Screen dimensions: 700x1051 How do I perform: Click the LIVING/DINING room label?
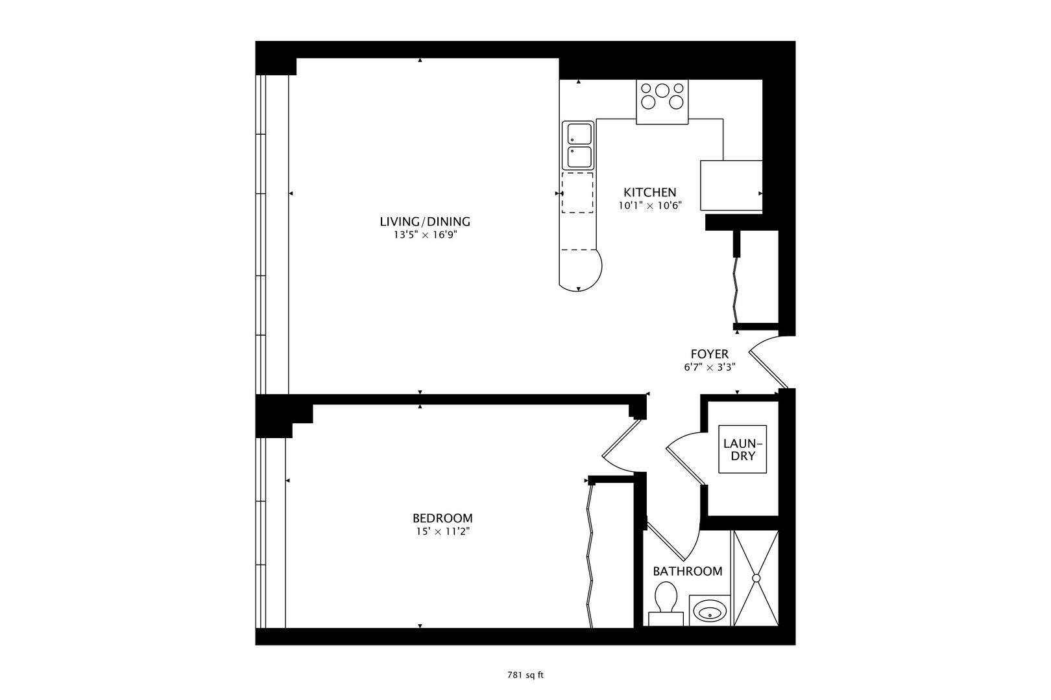(425, 222)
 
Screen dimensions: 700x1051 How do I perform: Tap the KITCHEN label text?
(649, 192)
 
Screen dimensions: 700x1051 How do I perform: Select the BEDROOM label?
(442, 518)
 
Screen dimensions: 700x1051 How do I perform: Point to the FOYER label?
(709, 354)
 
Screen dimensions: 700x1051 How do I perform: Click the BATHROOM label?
(687, 571)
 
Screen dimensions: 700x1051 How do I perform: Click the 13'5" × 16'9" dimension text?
(425, 235)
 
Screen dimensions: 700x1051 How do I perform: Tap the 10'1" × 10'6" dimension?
(649, 205)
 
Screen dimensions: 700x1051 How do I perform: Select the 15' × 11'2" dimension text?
(442, 532)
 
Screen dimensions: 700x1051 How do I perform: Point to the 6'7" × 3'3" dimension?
(709, 367)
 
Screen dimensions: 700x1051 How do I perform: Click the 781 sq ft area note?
(525, 675)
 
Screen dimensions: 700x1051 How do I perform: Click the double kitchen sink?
(577, 146)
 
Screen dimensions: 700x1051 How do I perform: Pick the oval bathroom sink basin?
(708, 610)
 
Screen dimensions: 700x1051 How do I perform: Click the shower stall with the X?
(756, 577)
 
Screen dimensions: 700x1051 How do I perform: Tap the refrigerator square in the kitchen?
(731, 185)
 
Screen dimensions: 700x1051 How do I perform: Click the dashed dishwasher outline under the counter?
(577, 192)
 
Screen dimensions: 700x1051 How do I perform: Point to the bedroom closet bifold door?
(590, 554)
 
